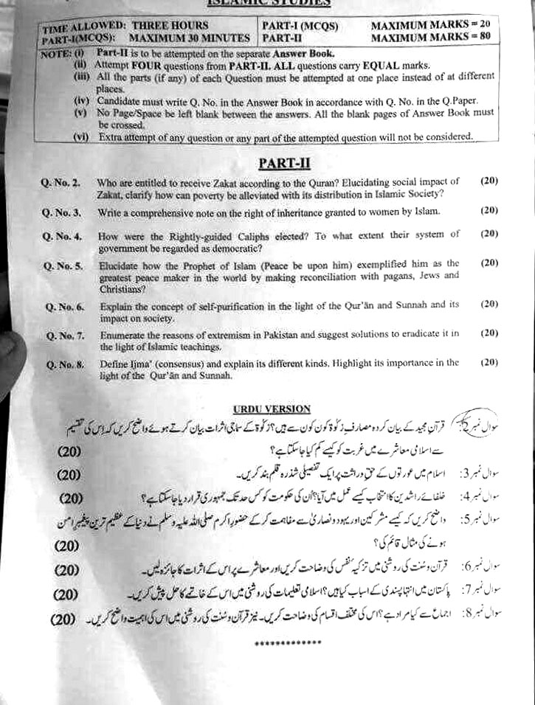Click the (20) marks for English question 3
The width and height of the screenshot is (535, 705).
488,210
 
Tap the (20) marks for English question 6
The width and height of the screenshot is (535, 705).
489,303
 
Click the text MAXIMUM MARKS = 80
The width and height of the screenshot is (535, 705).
429,36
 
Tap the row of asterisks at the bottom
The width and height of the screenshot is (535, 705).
282,643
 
